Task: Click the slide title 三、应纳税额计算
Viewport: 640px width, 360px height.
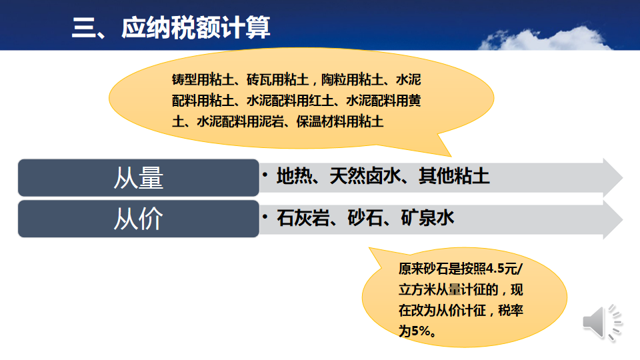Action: [171, 28]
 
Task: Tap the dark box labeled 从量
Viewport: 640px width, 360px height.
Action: [139, 177]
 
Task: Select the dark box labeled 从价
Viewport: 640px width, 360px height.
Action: [139, 219]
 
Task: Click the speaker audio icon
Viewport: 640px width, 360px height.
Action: [602, 323]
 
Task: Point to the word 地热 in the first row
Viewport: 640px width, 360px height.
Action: [294, 176]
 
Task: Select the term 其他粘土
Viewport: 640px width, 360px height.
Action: [454, 176]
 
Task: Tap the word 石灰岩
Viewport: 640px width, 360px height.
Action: [303, 218]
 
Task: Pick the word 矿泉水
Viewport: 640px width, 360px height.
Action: [427, 218]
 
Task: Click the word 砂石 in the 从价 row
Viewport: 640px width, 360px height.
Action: [365, 218]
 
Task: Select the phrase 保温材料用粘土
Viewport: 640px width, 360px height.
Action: [339, 121]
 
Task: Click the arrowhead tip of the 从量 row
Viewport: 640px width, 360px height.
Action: [623, 177]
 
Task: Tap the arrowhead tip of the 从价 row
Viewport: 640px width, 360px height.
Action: [623, 219]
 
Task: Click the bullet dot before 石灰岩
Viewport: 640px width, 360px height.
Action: [265, 217]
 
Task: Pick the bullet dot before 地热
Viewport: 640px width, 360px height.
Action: [265, 175]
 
